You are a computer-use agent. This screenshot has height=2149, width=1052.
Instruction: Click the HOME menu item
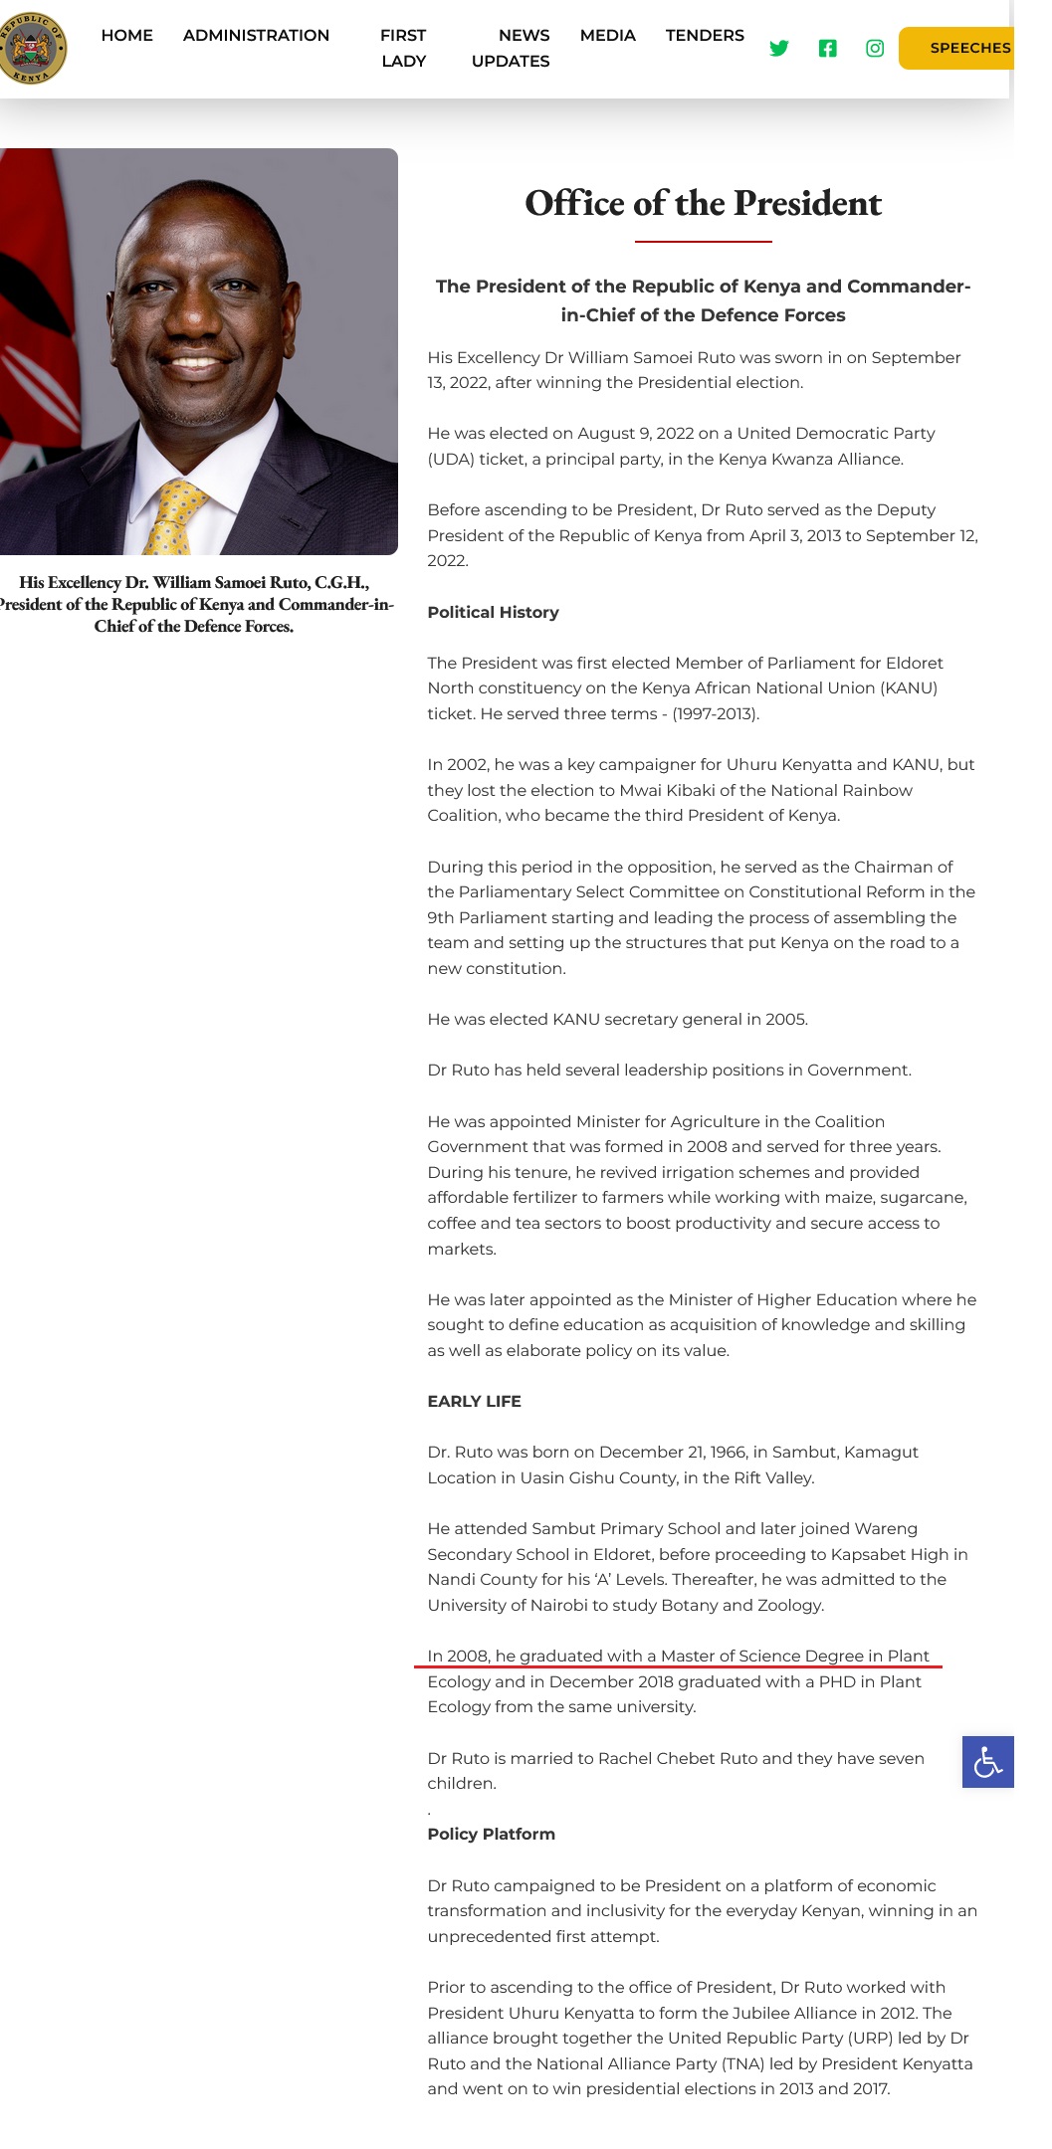tap(126, 36)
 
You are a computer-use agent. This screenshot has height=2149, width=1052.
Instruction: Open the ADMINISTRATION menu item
tap(256, 36)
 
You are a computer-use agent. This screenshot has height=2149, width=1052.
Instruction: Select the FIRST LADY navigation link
tap(403, 48)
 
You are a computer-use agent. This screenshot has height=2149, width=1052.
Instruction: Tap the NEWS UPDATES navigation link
tap(511, 48)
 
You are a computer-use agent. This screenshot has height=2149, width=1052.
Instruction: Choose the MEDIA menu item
tap(607, 36)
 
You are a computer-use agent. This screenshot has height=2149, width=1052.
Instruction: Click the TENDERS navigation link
tap(705, 36)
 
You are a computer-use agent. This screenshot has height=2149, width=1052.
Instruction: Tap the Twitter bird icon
tap(779, 49)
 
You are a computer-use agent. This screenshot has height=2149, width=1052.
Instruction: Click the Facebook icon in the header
tap(827, 49)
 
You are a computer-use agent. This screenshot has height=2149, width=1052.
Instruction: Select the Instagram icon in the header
tap(875, 49)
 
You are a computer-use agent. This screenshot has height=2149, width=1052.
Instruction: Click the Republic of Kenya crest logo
tap(33, 48)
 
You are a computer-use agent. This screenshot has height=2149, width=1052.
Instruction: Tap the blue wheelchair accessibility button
tap(987, 1762)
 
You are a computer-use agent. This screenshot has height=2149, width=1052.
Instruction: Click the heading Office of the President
tap(703, 204)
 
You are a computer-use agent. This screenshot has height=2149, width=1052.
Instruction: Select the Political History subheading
tap(493, 613)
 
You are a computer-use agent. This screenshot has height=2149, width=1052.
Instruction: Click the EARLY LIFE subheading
tap(474, 1402)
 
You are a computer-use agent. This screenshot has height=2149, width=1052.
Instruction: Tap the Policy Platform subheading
tap(491, 1835)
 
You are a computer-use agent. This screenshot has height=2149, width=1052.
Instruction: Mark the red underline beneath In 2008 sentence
tap(678, 1664)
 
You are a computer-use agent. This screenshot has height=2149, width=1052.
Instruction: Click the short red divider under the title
tap(703, 242)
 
